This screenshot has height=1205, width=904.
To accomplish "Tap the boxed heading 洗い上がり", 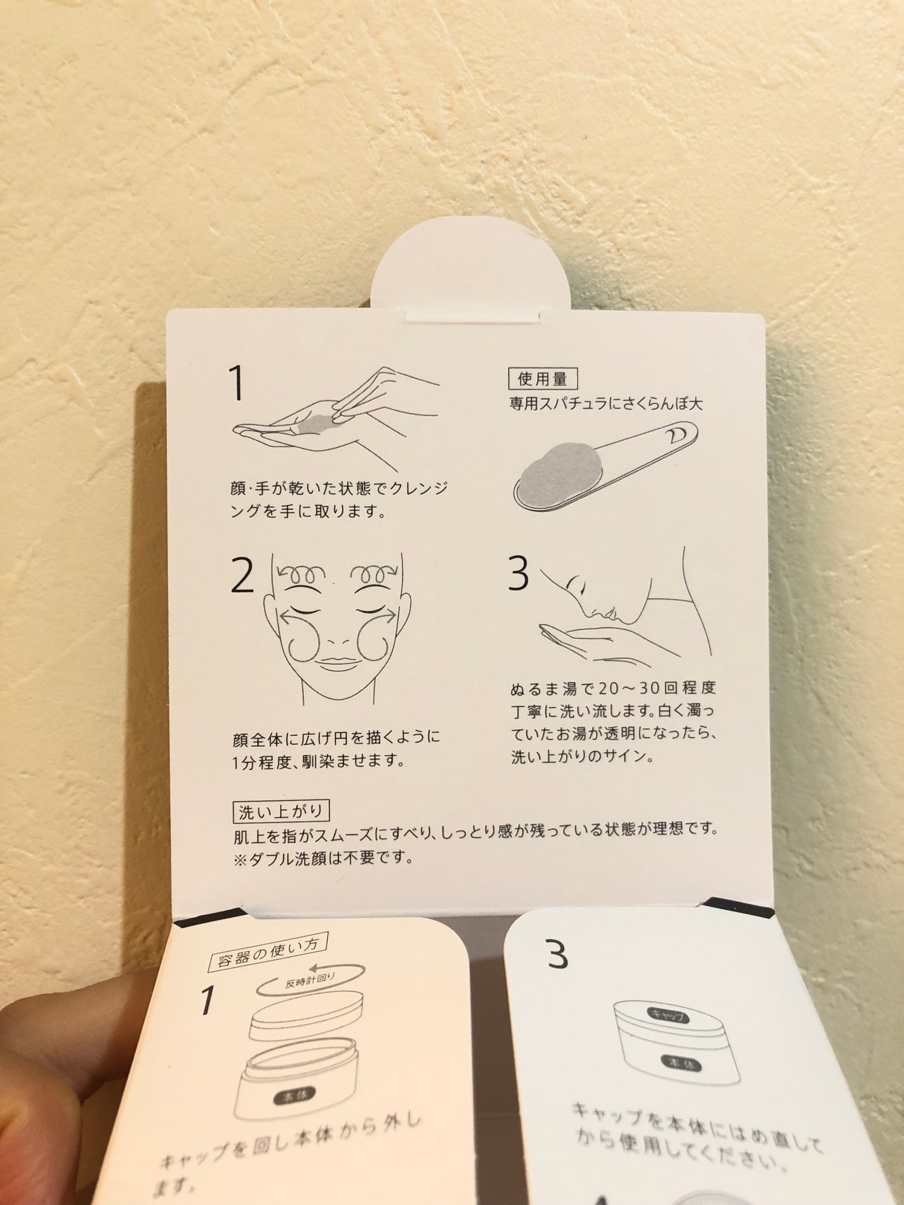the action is tap(280, 811).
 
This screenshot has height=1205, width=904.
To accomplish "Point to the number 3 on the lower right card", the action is tap(556, 1162).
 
